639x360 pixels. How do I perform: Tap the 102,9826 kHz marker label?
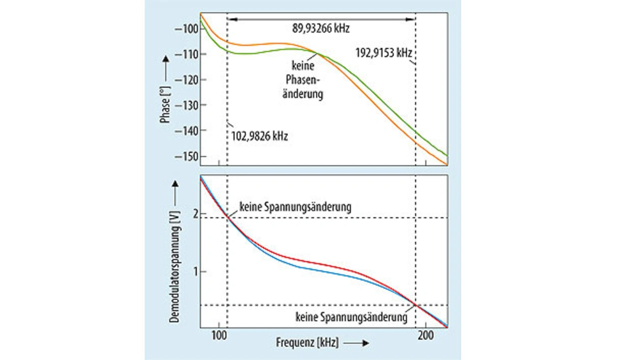pyautogui.click(x=260, y=136)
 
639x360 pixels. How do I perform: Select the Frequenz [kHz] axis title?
pyautogui.click(x=307, y=343)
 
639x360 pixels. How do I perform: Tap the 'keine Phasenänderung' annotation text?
pyautogui.click(x=304, y=79)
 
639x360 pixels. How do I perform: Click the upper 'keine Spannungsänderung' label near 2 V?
pyautogui.click(x=295, y=207)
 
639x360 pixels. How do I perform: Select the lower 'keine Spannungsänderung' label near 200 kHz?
pyautogui.click(x=351, y=317)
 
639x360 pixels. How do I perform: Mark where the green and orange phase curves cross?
pyautogui.click(x=317, y=53)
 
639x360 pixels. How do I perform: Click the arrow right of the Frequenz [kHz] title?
pyautogui.click(x=356, y=343)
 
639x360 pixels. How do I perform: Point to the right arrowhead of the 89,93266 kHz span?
pyautogui.click(x=412, y=19)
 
